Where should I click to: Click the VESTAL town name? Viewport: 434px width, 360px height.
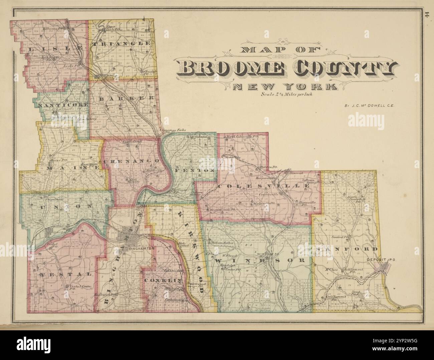coord(65,274)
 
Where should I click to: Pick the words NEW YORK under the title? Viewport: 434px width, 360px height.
coord(284,87)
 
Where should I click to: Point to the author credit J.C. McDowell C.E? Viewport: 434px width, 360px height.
coord(370,106)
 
